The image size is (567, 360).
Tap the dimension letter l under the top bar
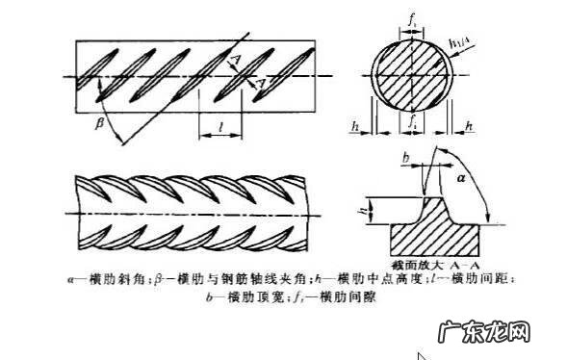221,125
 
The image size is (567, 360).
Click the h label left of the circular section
355,125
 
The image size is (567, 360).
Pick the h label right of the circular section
469,125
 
